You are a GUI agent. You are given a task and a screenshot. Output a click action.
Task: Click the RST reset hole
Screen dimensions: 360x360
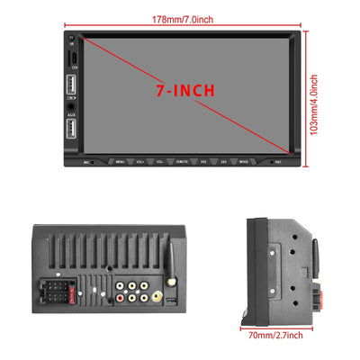pyautogui.click(x=279, y=162)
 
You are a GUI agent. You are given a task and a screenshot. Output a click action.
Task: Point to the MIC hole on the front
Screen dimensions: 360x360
pyautogui.click(x=87, y=162)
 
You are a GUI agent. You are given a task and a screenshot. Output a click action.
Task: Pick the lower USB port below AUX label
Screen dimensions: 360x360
pyautogui.click(x=71, y=130)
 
